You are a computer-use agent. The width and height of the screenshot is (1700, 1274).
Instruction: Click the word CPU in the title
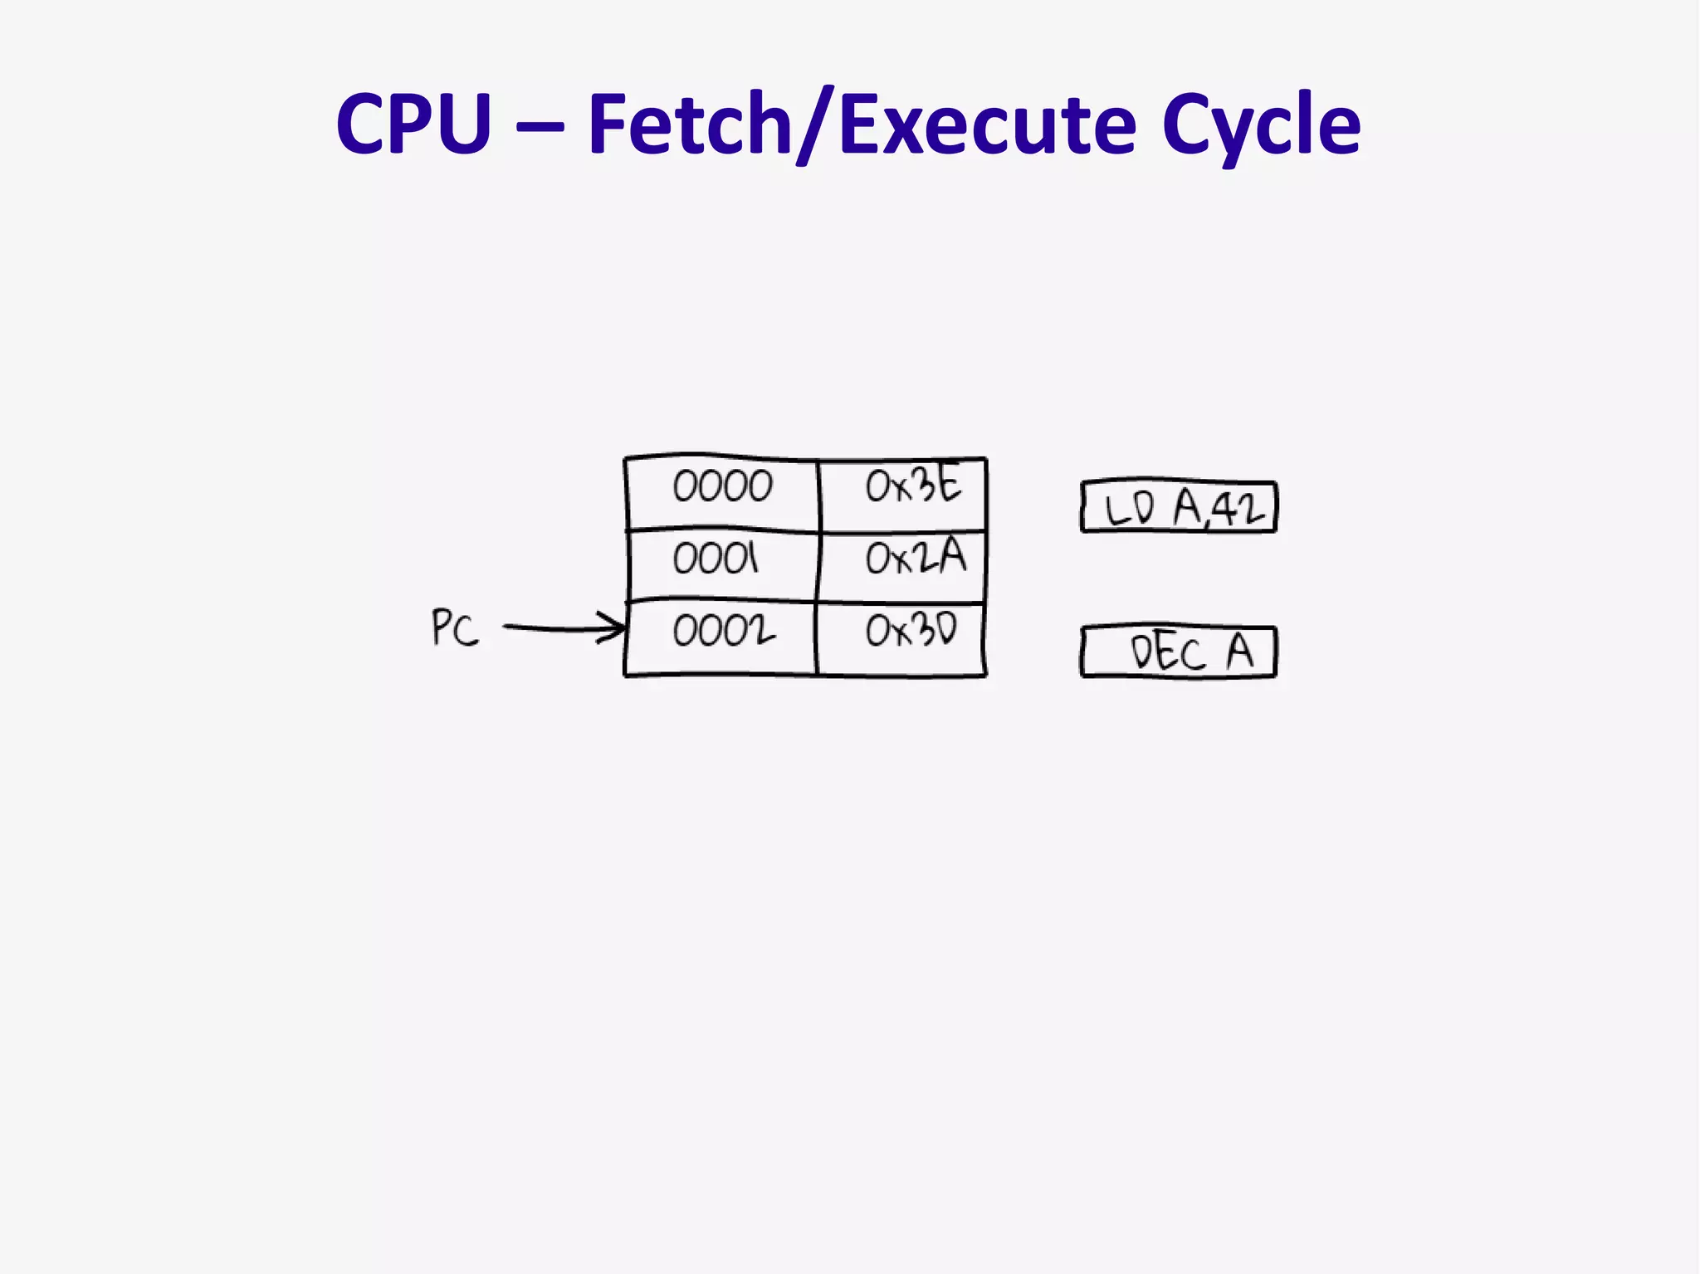pyautogui.click(x=413, y=124)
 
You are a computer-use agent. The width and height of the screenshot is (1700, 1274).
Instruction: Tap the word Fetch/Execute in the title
pyautogui.click(x=861, y=124)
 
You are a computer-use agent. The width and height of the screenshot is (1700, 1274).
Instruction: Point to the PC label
pyautogui.click(x=455, y=627)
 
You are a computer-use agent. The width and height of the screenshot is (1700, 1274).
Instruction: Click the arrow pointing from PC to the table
pyautogui.click(x=564, y=628)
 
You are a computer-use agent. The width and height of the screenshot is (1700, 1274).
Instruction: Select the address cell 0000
pyautogui.click(x=722, y=487)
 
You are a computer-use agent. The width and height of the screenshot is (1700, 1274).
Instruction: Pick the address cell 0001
pyautogui.click(x=716, y=559)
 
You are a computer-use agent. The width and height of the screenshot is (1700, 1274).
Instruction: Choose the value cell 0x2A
pyautogui.click(x=916, y=557)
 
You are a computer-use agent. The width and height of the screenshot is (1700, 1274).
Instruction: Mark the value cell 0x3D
pyautogui.click(x=911, y=631)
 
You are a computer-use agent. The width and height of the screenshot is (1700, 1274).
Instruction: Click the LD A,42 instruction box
pyautogui.click(x=1179, y=506)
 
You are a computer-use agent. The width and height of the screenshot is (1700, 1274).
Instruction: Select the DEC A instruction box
pyautogui.click(x=1179, y=652)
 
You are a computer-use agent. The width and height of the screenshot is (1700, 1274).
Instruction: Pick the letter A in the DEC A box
pyautogui.click(x=1239, y=652)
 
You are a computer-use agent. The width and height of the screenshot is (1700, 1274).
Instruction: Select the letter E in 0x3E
pyautogui.click(x=947, y=484)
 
